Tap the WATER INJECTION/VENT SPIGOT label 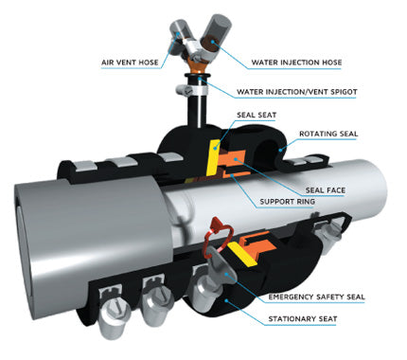pos(309,92)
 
